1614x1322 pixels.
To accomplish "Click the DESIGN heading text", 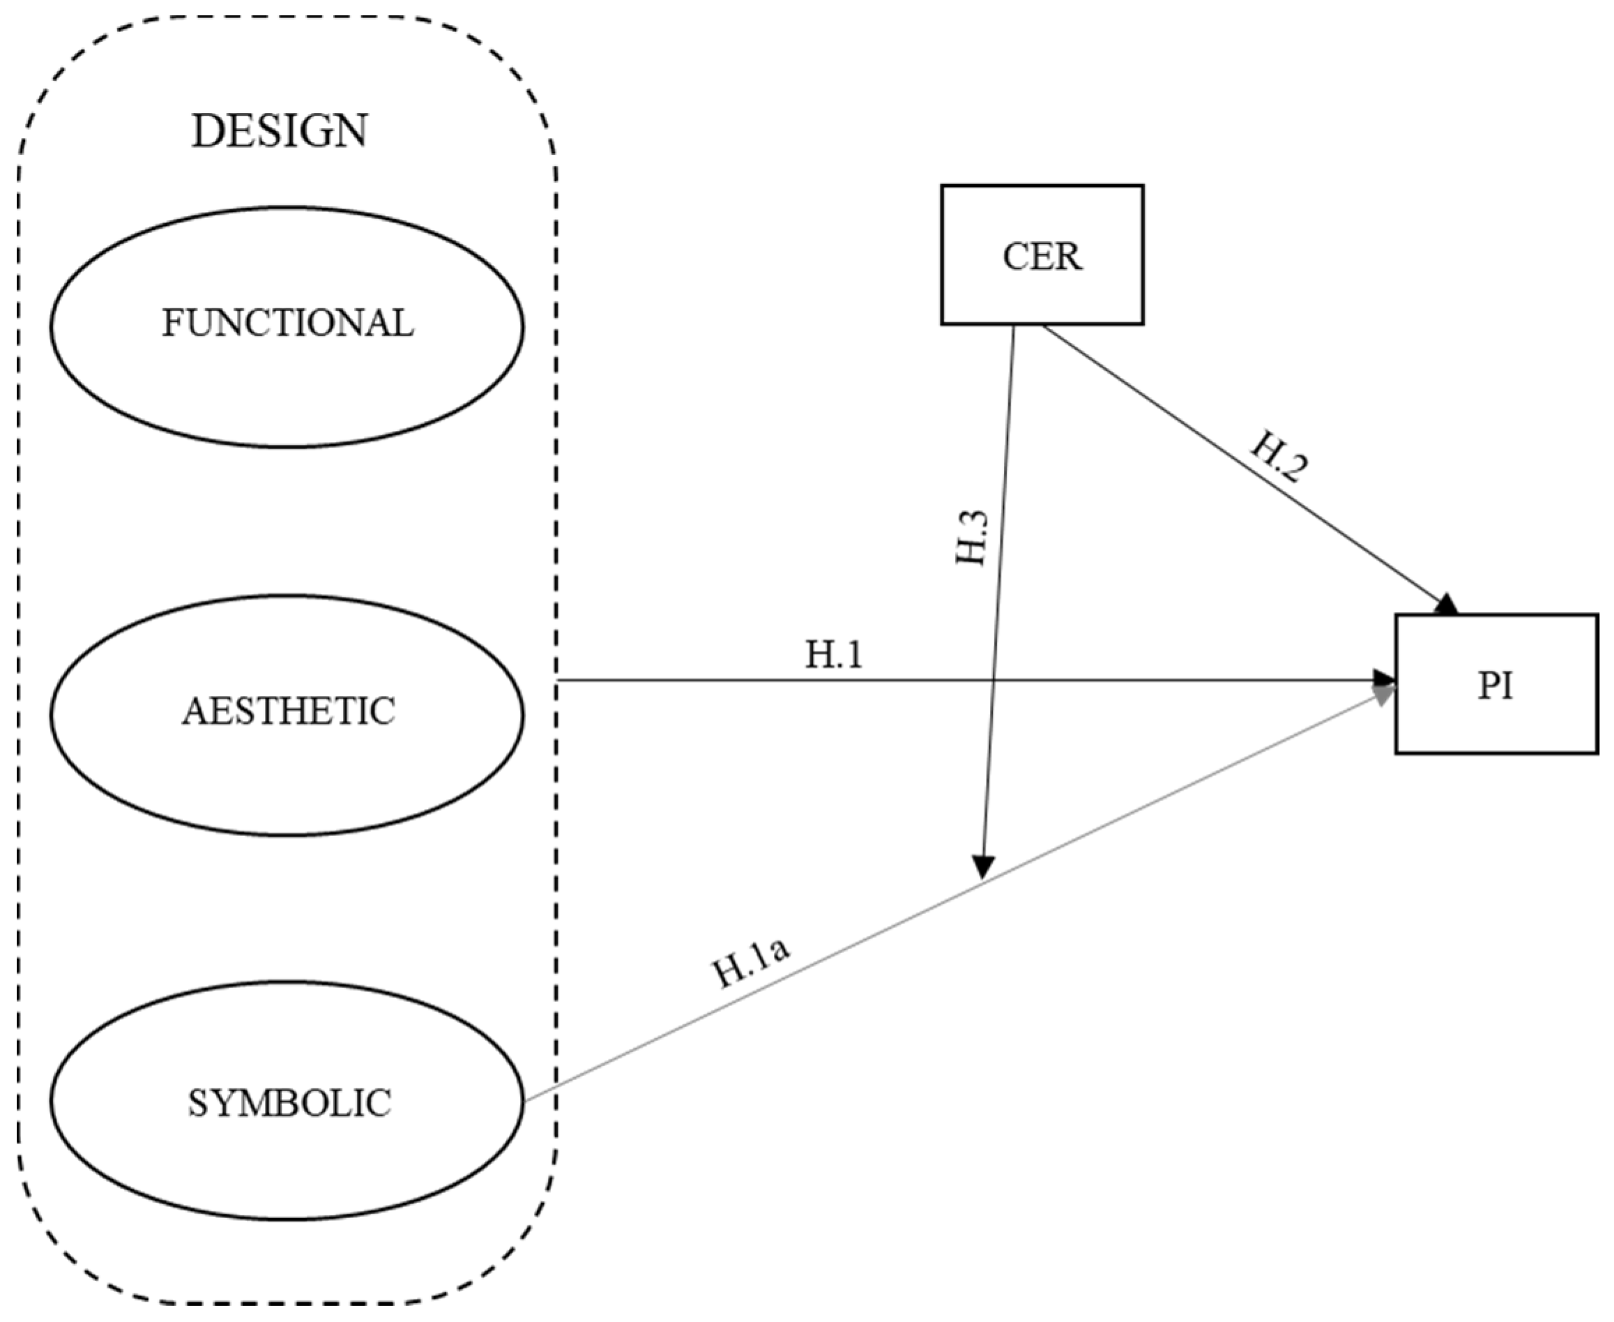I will tap(280, 131).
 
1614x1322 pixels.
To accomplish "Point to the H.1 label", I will tap(834, 655).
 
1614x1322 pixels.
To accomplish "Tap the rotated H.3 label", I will tap(972, 538).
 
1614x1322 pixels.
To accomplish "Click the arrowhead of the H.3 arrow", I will tap(984, 867).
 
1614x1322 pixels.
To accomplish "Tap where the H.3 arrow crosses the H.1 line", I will tap(994, 680).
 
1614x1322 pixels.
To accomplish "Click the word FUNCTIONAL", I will tap(287, 324).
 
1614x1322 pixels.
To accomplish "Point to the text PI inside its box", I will tap(1495, 686).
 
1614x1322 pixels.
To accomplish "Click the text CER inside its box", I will tap(1042, 257).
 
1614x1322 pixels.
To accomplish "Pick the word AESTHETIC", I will tap(288, 711).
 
